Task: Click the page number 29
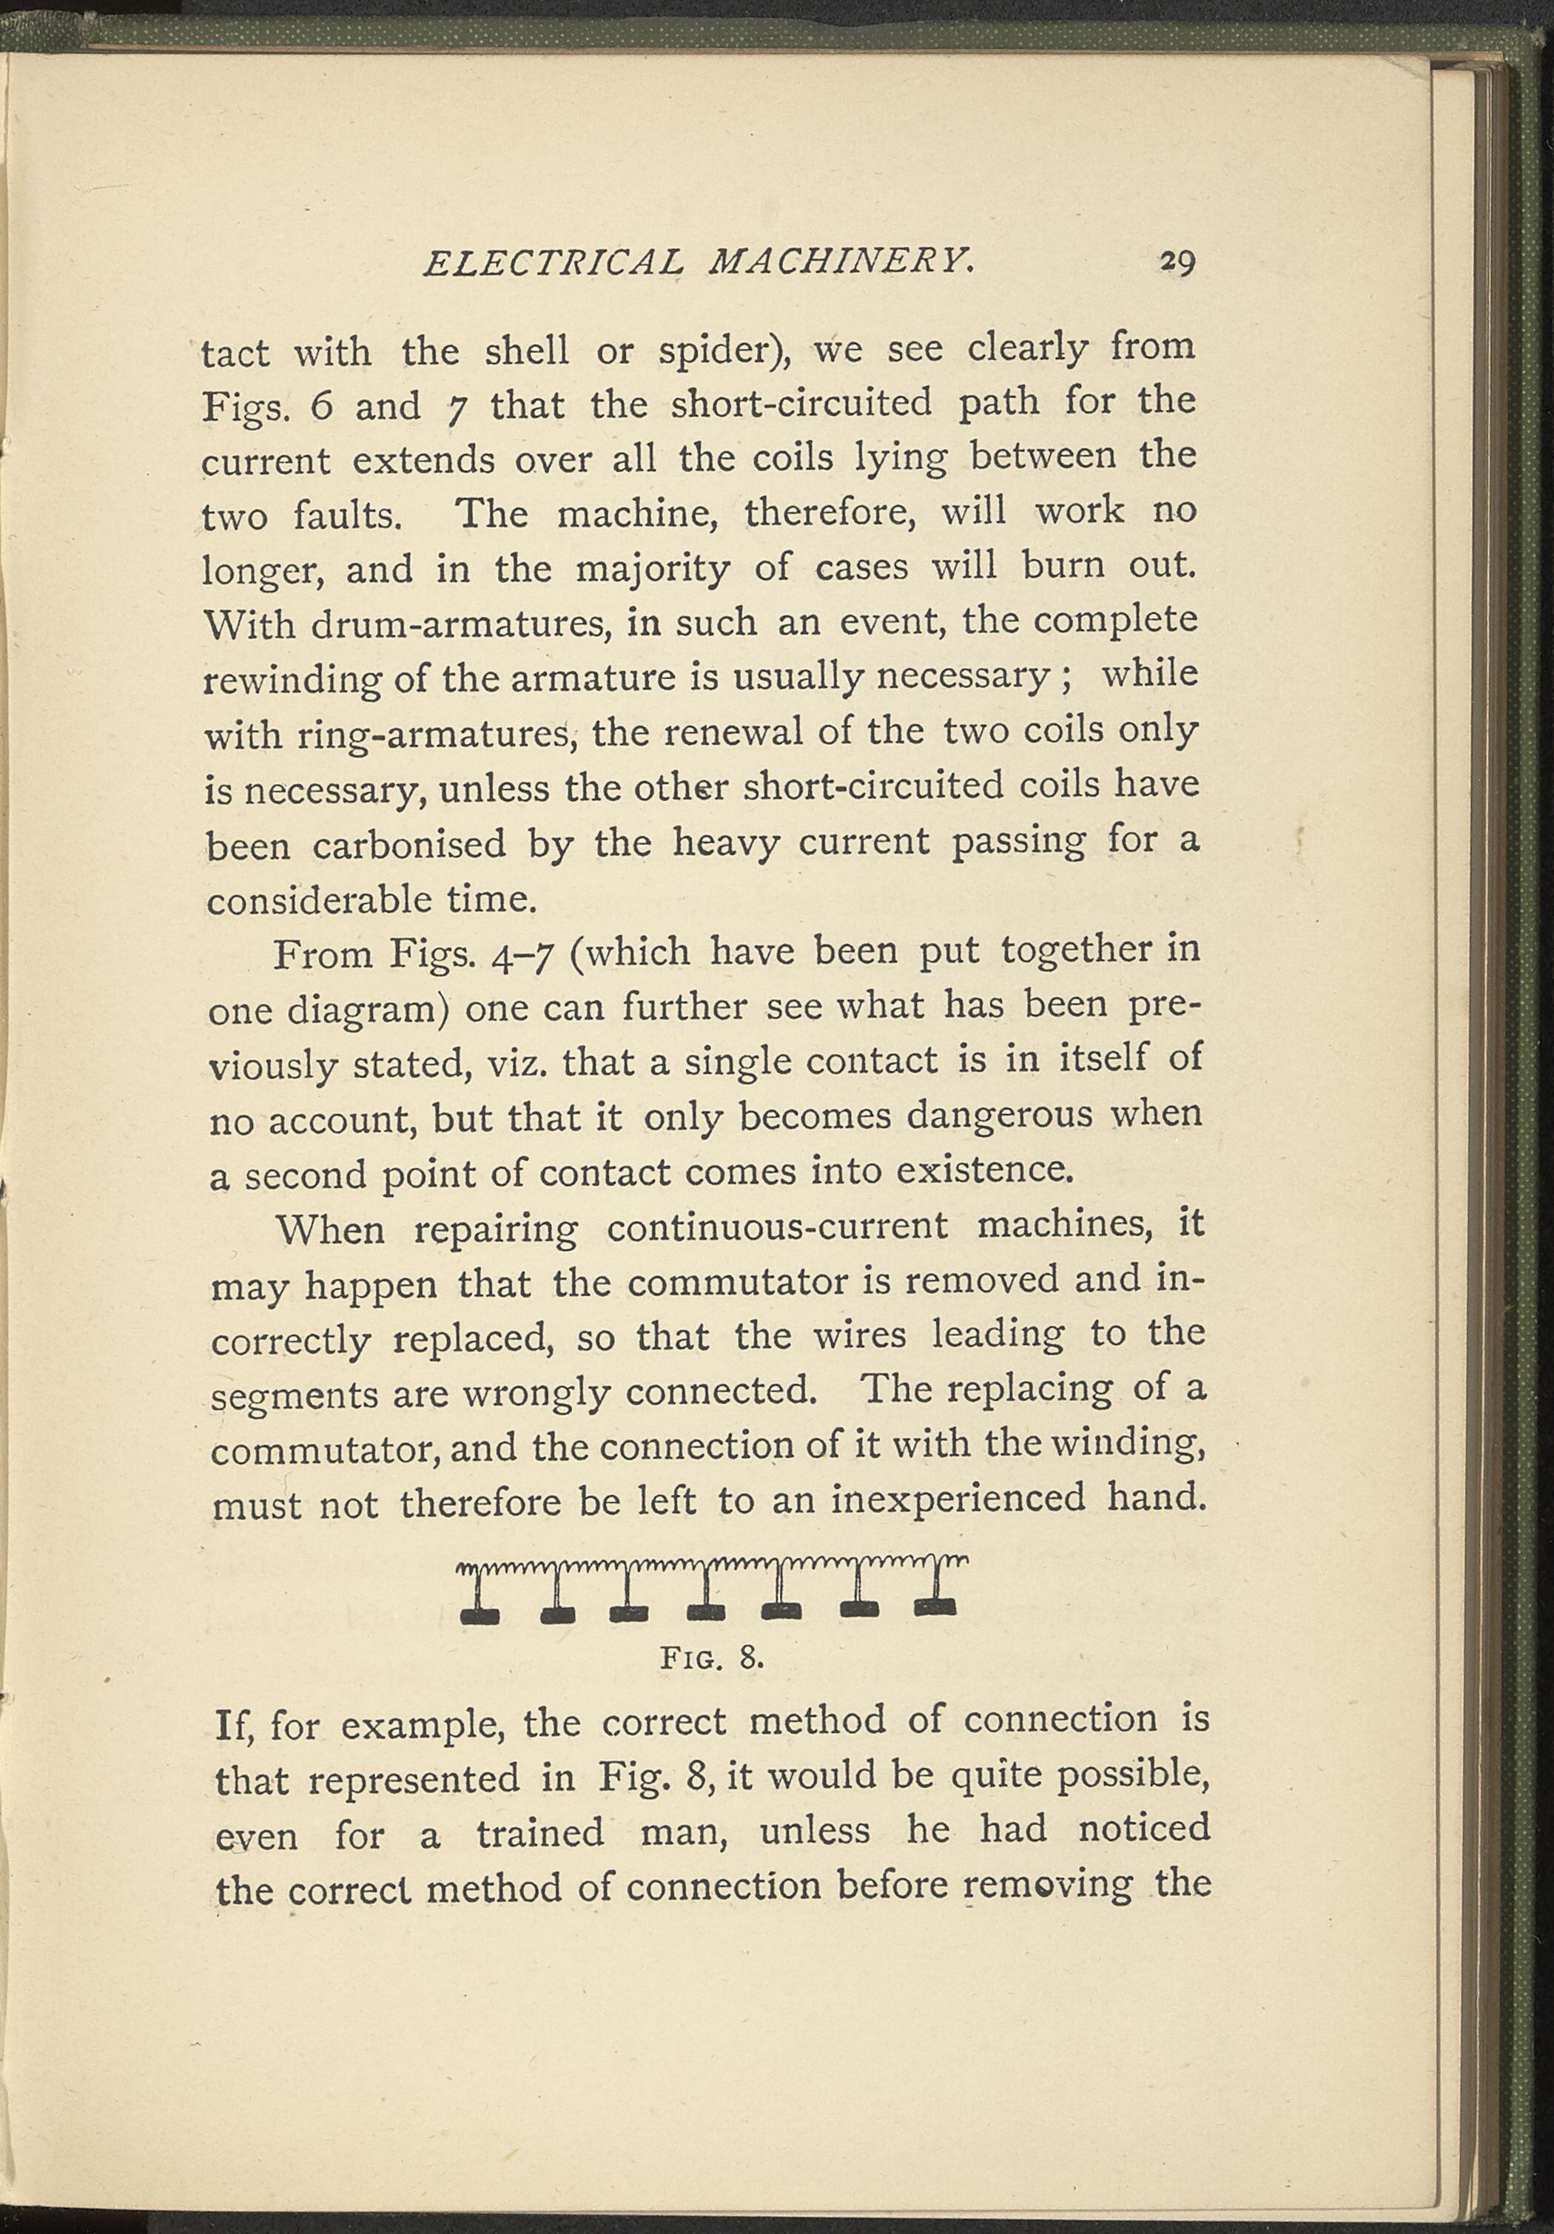[x=1174, y=265]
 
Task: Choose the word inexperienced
[x=958, y=1500]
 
